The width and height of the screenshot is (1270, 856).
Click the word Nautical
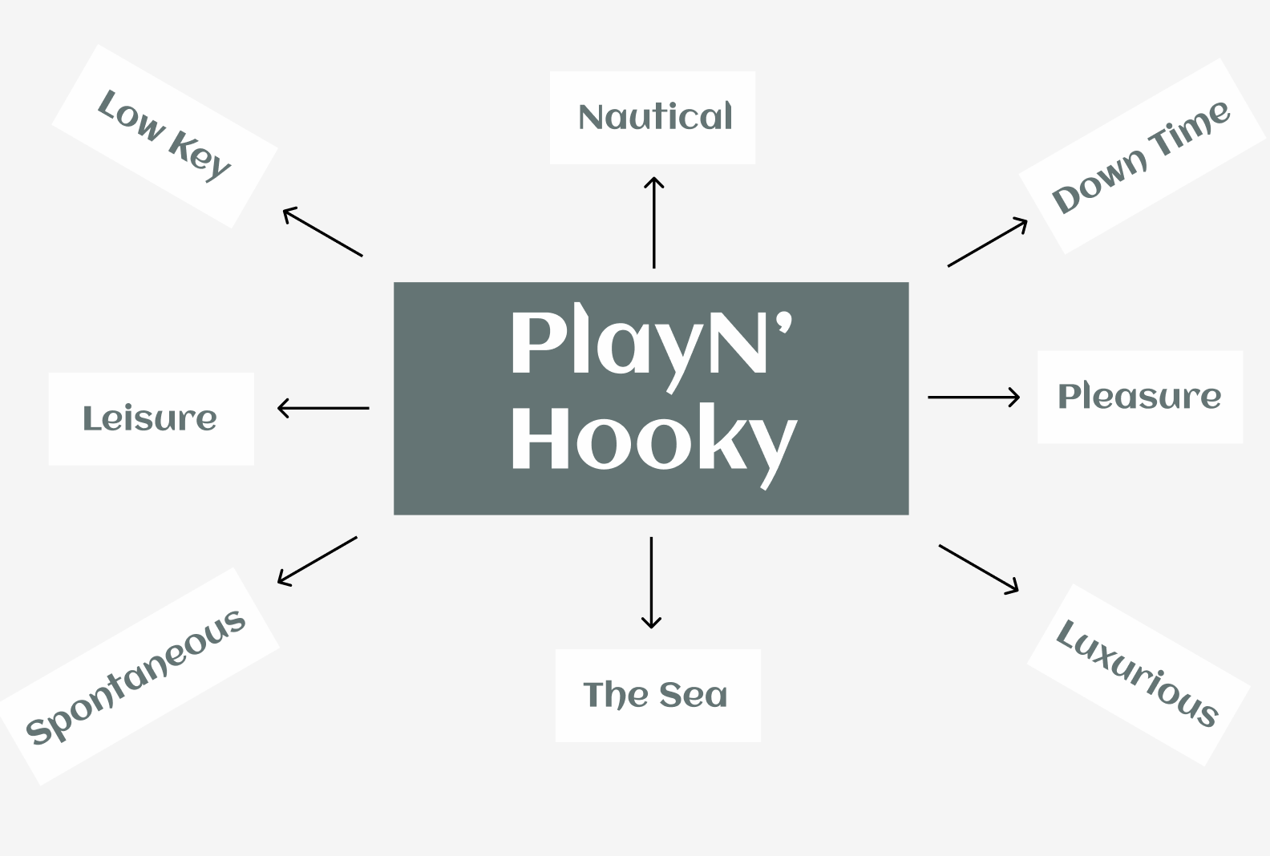[x=654, y=117]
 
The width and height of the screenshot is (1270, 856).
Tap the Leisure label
[x=150, y=418]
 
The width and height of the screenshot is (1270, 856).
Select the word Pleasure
[x=1139, y=396]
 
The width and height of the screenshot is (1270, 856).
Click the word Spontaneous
[x=135, y=677]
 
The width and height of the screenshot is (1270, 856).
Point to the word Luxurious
[x=1137, y=673]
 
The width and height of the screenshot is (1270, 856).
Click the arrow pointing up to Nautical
[x=653, y=222]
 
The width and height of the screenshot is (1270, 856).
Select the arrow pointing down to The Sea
[x=651, y=583]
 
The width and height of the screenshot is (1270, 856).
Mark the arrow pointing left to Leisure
[x=323, y=408]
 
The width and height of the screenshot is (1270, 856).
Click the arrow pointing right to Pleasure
[x=973, y=397]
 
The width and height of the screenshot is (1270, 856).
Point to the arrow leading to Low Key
[x=322, y=232]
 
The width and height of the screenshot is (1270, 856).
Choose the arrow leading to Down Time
[x=987, y=242]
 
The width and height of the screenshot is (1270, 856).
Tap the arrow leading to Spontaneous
[x=317, y=560]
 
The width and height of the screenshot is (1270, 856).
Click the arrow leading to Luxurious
[x=978, y=568]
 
